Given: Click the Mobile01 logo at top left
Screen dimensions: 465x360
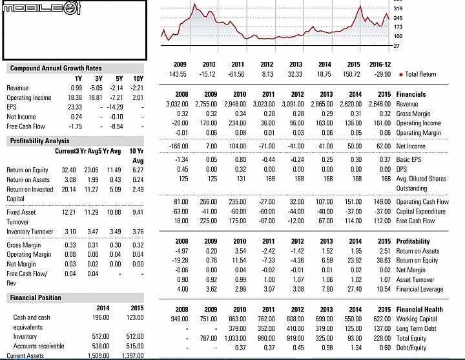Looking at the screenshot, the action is (x=41, y=8).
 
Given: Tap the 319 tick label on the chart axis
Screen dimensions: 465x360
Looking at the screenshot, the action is (x=398, y=8).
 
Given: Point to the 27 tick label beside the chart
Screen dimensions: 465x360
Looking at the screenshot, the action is (x=397, y=46).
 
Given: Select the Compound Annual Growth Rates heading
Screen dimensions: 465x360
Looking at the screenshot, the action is (x=56, y=68).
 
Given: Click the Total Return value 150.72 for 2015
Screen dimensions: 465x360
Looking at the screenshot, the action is (x=351, y=74).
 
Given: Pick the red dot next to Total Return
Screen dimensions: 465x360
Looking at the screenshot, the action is (x=401, y=75).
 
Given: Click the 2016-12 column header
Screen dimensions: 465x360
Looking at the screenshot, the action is (x=380, y=65).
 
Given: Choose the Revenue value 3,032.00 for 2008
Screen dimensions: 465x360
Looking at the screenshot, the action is (x=177, y=104).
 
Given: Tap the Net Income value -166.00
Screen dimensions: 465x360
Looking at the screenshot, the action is (x=178, y=146).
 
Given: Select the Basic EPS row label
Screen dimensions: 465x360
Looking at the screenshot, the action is (x=409, y=159).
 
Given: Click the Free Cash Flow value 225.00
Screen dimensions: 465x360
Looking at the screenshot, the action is (x=209, y=221).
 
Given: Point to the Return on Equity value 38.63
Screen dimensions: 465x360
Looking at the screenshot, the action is (x=382, y=261).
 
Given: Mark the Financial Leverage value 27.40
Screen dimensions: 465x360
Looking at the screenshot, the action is (x=355, y=289).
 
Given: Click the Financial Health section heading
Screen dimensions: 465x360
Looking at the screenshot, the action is (x=419, y=309).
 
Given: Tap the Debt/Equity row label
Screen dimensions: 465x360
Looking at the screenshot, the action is (x=411, y=348).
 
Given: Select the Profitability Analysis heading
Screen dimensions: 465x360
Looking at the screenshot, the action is (x=40, y=141).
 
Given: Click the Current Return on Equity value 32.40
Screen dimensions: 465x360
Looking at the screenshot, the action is (x=68, y=170).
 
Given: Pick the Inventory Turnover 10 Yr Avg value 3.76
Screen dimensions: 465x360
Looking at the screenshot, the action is (x=138, y=232).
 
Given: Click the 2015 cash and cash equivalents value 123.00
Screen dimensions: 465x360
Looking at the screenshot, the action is (x=135, y=317).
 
